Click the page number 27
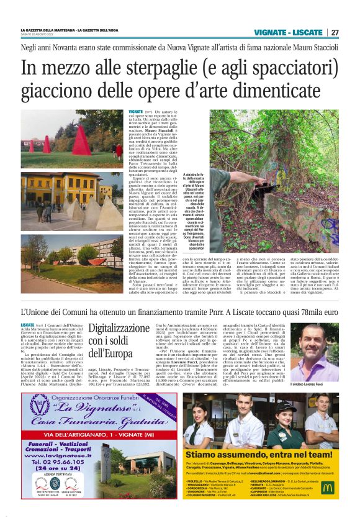click(x=335, y=32)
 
